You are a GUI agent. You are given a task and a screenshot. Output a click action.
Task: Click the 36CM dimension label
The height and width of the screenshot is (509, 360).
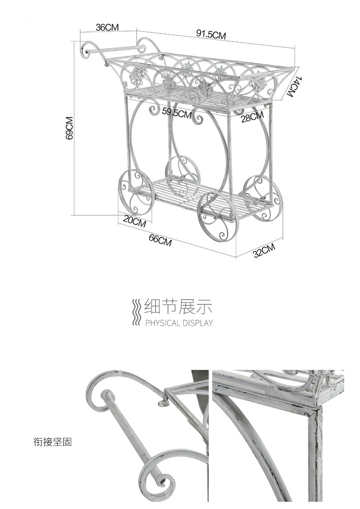coord(107,27)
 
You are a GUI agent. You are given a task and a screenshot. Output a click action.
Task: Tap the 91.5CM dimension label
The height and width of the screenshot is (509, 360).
coord(211,34)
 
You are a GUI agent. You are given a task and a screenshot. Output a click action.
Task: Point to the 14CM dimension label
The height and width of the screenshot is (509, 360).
coord(293,86)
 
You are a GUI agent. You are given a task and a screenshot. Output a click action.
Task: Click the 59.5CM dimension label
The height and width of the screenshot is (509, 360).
coord(177,113)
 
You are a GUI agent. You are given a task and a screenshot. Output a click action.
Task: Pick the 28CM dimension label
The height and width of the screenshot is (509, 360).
coord(252,117)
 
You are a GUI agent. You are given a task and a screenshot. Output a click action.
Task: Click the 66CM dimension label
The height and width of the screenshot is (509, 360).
coord(160,240)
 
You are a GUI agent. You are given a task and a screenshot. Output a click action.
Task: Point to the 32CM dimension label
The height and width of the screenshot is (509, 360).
coord(264,250)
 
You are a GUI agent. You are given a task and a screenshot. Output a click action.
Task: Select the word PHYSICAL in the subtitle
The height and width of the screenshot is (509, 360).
coord(162,323)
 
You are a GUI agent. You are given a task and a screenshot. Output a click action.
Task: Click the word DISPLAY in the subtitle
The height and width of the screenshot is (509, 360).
coord(197,323)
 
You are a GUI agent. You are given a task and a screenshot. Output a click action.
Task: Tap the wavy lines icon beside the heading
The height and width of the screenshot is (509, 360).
coord(137,312)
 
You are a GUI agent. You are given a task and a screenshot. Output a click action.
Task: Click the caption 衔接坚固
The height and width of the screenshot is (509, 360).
coord(52,442)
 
